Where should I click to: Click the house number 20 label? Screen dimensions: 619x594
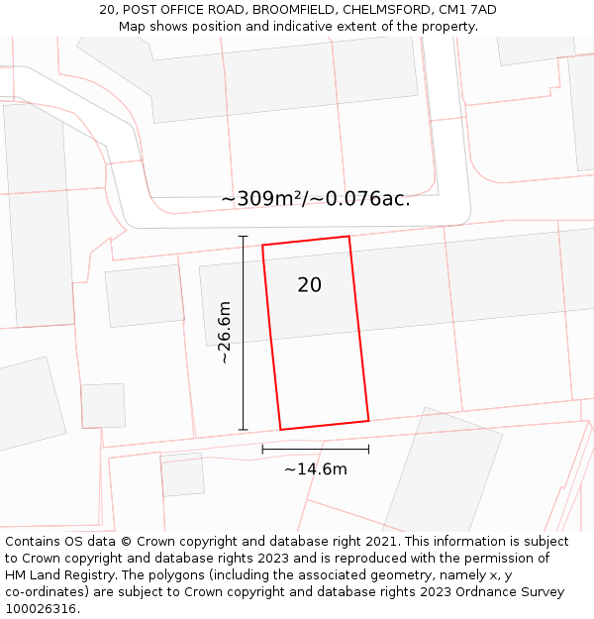coord(310,285)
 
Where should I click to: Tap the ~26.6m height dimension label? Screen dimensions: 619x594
coord(226,333)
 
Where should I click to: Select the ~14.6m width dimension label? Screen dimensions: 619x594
coord(316,469)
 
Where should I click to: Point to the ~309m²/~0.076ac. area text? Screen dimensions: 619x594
coord(315,199)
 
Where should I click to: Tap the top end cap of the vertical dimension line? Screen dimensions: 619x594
coord(244,237)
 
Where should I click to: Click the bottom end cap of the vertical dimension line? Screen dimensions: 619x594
coord(244,430)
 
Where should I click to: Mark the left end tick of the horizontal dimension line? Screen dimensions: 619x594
coord(262,449)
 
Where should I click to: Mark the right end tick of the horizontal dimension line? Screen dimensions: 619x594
coord(368,449)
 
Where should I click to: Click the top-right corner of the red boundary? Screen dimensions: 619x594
coord(349,237)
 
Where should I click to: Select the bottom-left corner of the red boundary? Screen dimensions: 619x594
coord(281,430)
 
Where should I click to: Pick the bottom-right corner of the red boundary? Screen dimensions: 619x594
coord(368,421)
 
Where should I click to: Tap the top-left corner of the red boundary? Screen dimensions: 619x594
coord(262,246)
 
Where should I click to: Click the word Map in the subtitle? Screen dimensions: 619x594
coord(133,27)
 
